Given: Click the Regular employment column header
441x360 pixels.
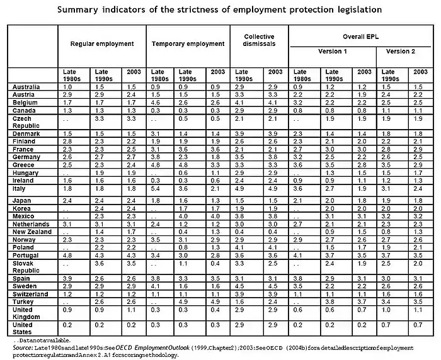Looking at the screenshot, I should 103,44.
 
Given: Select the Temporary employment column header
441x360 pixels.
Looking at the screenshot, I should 188,44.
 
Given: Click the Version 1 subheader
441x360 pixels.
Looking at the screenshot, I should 332,51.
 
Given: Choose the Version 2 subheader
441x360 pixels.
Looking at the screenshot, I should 403,51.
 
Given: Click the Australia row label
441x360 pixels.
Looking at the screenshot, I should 26,86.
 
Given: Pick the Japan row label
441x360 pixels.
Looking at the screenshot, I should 22,201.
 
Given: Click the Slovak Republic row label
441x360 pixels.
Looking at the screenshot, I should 25,268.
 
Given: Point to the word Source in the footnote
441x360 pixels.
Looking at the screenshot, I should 23,347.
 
